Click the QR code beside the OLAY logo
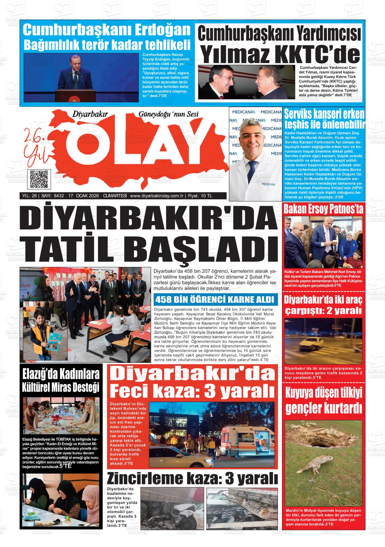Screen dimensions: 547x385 tap(38, 179)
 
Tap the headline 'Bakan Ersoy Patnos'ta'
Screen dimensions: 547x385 tap(324, 209)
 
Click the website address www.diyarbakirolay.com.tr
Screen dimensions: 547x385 tap(156, 196)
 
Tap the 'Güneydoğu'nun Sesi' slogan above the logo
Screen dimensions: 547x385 tap(169, 114)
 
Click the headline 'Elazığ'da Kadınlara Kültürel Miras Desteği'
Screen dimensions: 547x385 tap(61, 380)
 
